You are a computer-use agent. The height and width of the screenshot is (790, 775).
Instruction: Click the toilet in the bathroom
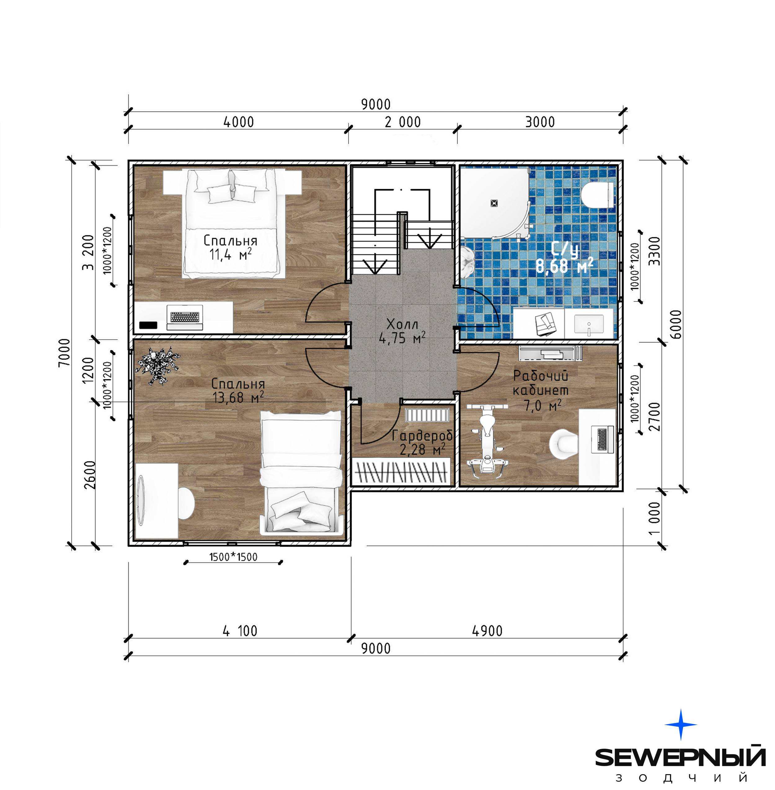tap(597, 195)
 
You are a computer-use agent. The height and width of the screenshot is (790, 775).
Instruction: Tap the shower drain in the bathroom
tap(494, 203)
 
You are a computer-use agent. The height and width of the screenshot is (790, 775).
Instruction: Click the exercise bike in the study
tap(487, 439)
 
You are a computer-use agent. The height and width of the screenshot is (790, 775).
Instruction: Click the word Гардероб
tap(422, 436)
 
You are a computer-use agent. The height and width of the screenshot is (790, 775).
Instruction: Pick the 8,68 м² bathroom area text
tap(564, 266)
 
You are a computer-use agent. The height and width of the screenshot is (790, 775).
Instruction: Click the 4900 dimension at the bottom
tap(487, 631)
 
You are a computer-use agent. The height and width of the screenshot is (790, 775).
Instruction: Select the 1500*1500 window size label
tap(233, 557)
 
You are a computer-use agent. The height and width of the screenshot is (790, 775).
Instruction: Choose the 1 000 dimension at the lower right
tap(654, 518)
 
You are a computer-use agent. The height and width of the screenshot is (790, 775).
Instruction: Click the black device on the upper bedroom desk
tap(148, 325)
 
